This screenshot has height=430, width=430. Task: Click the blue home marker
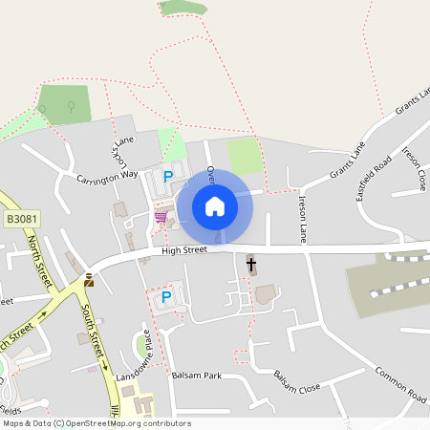(x=215, y=205)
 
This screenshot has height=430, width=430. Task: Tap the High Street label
(x=184, y=250)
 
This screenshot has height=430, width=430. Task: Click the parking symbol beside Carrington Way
(x=168, y=176)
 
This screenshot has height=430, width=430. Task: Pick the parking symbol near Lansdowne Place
(x=165, y=297)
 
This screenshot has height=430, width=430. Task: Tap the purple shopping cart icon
(x=161, y=218)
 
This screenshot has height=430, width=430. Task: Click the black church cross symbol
(x=251, y=264)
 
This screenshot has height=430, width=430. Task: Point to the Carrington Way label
(x=108, y=175)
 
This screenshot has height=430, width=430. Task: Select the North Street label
(x=36, y=252)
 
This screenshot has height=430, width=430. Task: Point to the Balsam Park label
(x=196, y=376)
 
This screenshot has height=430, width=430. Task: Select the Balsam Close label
(x=296, y=382)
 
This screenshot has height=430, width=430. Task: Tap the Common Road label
(x=400, y=383)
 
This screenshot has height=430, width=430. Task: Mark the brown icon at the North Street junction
(x=89, y=280)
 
